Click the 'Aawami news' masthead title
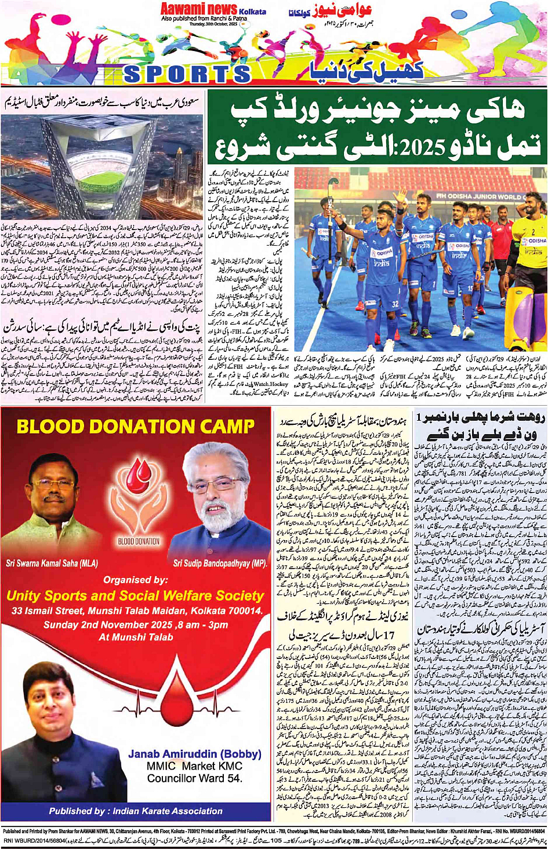coord(199,9)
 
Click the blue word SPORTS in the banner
coord(186,74)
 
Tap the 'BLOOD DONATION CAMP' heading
coord(135,427)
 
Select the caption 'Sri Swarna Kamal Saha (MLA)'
coord(52,563)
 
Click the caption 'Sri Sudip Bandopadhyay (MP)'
coord(220,563)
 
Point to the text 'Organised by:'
coord(135,580)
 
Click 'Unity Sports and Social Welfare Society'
coord(135,596)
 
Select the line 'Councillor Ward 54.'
coord(195,778)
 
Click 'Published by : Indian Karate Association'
coord(135,811)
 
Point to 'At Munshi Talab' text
coord(136,637)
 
